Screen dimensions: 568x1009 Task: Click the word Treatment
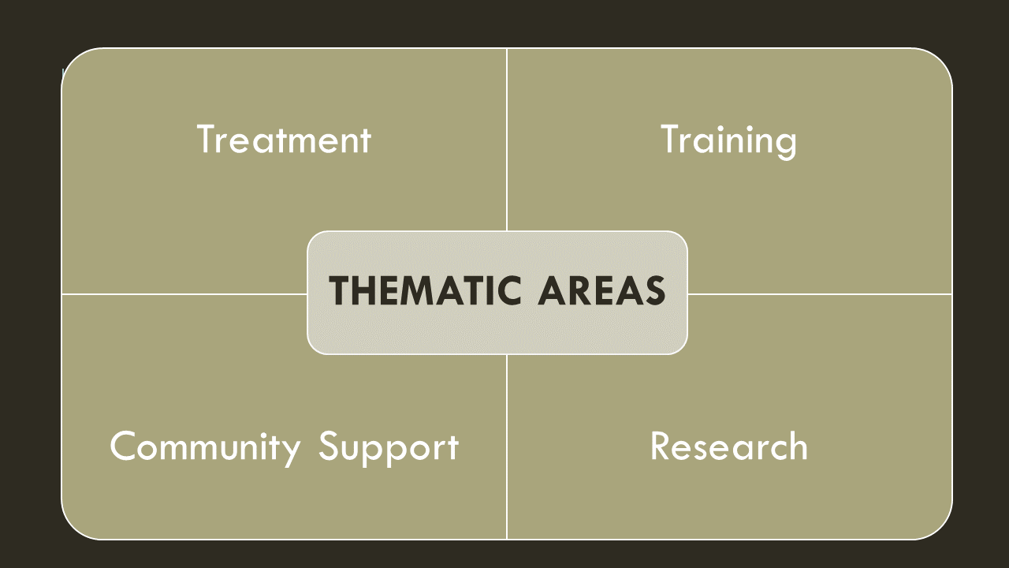(284, 140)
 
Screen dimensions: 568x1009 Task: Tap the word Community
(205, 447)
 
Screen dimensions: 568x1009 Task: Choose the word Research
(728, 447)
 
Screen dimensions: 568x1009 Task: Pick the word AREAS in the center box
(602, 290)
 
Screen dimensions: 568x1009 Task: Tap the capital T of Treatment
(207, 139)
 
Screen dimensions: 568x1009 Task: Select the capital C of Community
(124, 447)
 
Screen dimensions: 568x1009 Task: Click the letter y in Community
(291, 452)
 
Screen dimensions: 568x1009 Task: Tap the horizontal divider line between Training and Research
(820, 294)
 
